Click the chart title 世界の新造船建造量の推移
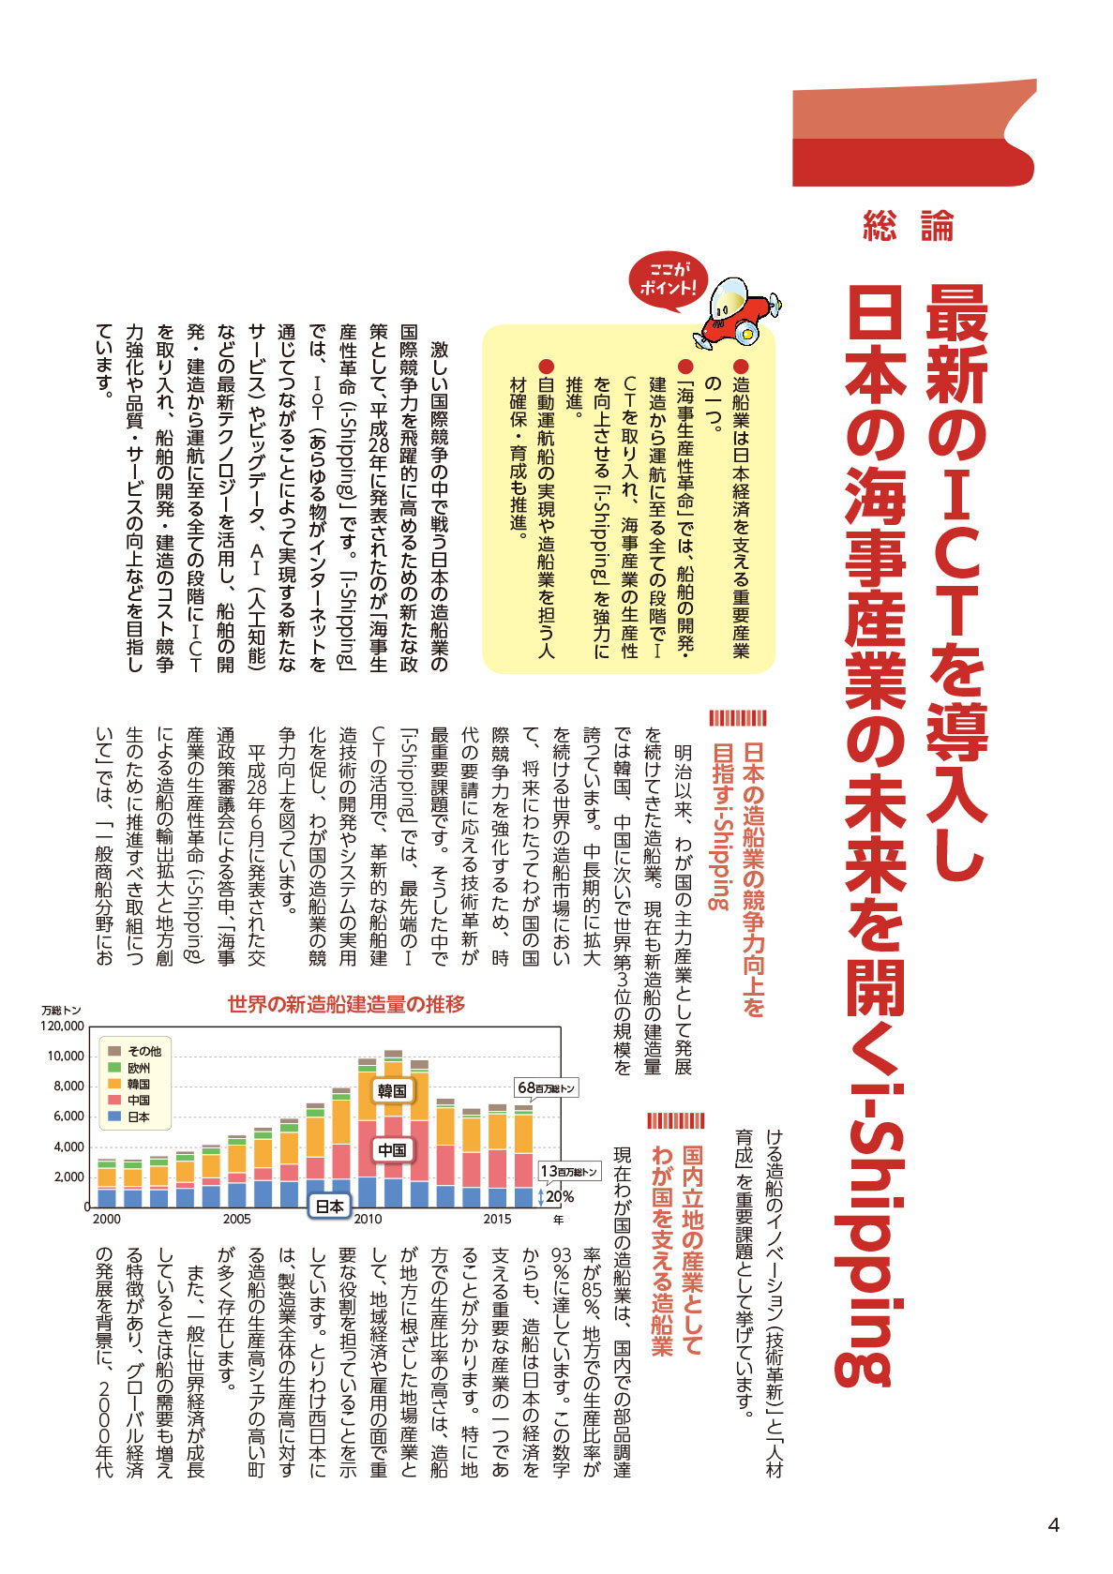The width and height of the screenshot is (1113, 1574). tap(346, 1004)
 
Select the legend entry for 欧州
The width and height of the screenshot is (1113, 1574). tap(138, 1068)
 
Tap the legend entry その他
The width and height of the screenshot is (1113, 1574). tap(143, 1051)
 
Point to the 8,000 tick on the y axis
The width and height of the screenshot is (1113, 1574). tap(68, 1086)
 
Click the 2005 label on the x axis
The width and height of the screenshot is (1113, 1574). tap(236, 1219)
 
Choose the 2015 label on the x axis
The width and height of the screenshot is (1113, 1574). tap(497, 1219)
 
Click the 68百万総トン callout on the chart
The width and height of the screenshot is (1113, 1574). tap(546, 1087)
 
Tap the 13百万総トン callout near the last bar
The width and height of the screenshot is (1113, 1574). tap(568, 1171)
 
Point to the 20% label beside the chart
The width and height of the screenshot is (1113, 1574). tap(560, 1196)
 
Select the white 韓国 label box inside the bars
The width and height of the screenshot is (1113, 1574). tap(392, 1090)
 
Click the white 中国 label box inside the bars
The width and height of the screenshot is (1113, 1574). tap(392, 1149)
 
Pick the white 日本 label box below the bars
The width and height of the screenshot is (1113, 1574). tap(329, 1207)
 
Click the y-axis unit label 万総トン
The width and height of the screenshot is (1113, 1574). tap(61, 1011)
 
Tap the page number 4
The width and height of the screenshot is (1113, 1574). tap(1053, 1525)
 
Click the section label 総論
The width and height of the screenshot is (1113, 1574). tap(908, 227)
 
